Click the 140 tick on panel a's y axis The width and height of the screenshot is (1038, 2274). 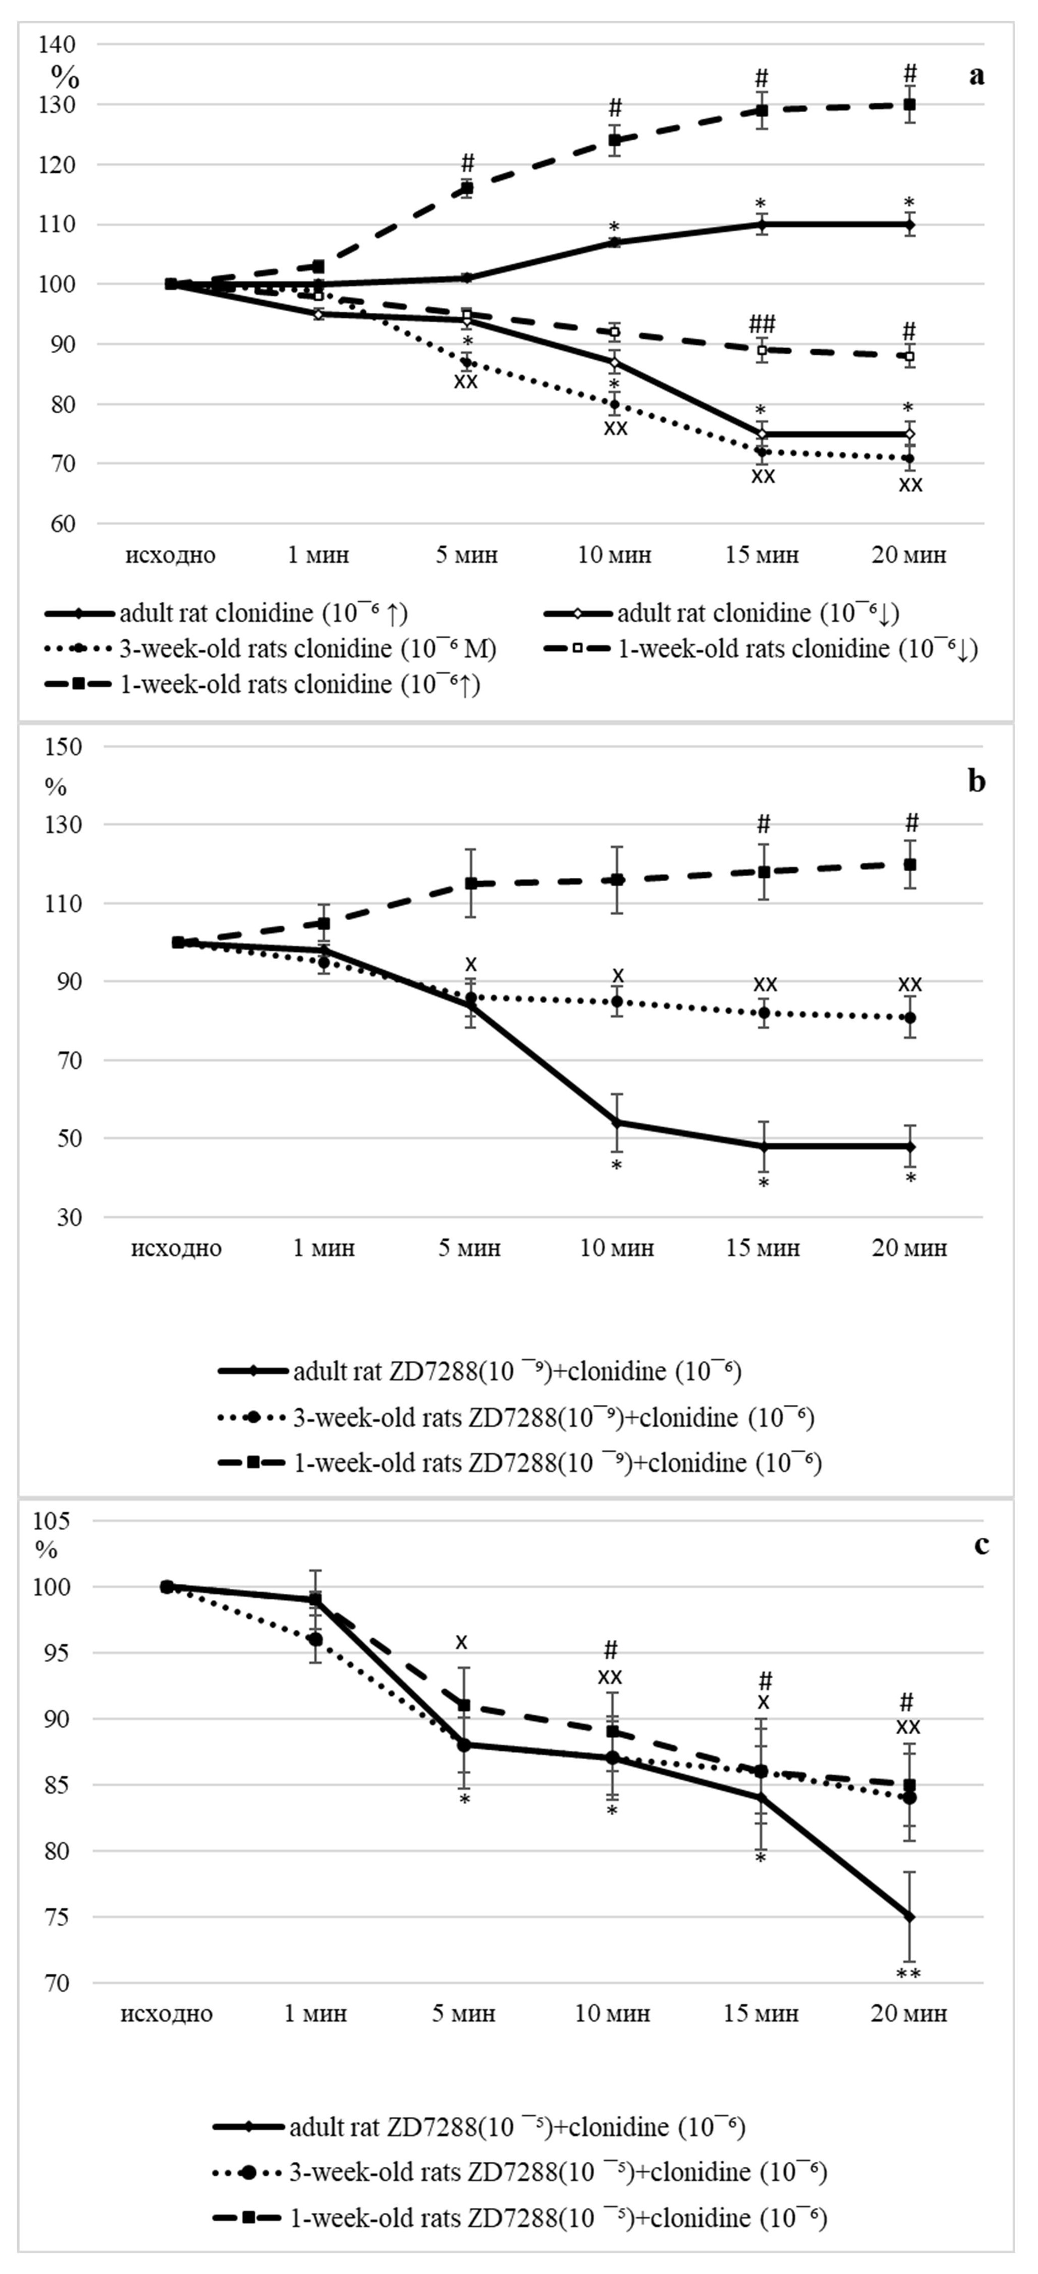58,44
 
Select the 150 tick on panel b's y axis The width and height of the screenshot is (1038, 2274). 62,747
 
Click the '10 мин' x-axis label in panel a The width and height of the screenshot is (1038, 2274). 615,555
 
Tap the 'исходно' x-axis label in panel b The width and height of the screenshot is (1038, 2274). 176,1248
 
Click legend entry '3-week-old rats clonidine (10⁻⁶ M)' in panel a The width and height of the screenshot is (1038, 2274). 270,649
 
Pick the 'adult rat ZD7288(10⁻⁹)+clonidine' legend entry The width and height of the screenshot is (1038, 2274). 479,1371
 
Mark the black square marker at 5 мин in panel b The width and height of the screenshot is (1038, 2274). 470,884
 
